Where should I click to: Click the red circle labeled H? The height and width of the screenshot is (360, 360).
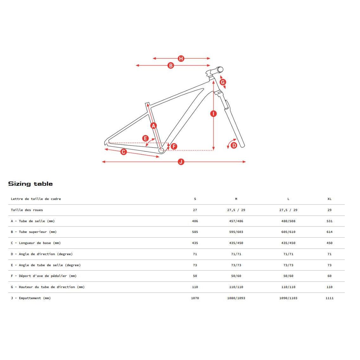point(181,59)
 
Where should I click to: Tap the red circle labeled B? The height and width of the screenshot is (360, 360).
point(171,66)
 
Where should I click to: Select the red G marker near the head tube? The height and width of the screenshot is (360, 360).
point(223,82)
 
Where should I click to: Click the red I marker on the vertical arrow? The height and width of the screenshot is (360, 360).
point(214,114)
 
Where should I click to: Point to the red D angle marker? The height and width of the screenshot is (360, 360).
point(234,145)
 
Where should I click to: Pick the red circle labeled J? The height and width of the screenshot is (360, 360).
point(181,162)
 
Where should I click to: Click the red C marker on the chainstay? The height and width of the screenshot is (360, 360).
point(124,152)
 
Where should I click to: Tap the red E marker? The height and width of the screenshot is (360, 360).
point(145,138)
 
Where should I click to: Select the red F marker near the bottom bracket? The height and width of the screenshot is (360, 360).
point(174,146)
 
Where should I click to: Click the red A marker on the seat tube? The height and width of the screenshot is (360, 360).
point(154,126)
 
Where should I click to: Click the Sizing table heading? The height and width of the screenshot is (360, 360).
point(30,184)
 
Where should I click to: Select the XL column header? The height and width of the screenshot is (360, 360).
point(329,199)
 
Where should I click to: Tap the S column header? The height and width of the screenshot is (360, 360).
point(195,199)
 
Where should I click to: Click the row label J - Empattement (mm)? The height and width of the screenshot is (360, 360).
point(31,298)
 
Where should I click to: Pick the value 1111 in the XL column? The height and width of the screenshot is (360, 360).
point(329,298)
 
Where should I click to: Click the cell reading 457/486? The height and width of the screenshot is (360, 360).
point(236,221)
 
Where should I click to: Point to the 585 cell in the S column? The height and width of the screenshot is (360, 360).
point(195,232)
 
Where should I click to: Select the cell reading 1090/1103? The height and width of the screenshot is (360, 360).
point(288,298)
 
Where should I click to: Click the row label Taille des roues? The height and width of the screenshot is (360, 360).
point(27,210)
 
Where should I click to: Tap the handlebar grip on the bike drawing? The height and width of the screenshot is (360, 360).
point(219,69)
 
